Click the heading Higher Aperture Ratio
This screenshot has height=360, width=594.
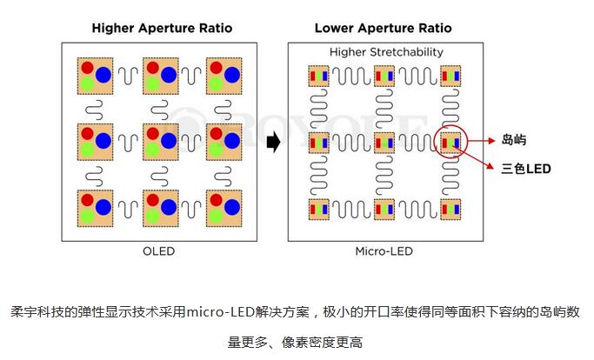coord(163,28)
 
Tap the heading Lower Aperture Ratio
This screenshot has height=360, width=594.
coord(383,28)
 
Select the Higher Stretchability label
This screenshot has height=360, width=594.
coord(386,52)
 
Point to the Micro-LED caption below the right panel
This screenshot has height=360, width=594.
coord(384,251)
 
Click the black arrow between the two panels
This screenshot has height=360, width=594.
coord(272,142)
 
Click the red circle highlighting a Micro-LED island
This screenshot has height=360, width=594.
coord(451,142)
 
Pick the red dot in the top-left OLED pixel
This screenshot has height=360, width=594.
coord(87,67)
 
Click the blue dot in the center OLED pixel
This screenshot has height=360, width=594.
coord(169,139)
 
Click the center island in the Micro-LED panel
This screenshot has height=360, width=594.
coord(384,142)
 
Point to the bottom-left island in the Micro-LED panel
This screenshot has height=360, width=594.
coord(317,209)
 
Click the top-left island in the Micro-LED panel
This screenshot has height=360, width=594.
coord(317,76)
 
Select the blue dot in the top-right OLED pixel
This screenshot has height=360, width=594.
coord(232,73)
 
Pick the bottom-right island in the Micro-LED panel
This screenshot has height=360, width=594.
coord(451,209)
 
